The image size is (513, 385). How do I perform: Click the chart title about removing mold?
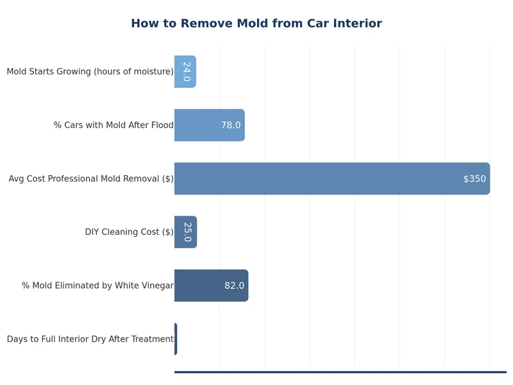(256, 24)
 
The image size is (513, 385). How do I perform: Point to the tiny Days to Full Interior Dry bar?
(176, 339)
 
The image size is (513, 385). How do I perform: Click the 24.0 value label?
(187, 72)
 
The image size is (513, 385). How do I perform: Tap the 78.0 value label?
(231, 125)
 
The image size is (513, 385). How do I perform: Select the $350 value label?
(475, 179)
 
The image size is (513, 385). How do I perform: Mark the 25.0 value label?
(187, 232)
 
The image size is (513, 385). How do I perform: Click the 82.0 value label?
(234, 286)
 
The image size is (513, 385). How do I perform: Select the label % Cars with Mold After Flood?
(114, 125)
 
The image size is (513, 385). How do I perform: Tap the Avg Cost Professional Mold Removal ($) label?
(91, 179)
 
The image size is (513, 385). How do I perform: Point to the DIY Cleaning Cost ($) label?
(129, 232)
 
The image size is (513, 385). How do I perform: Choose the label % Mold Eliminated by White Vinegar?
(97, 286)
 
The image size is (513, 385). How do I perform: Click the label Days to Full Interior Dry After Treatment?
(90, 339)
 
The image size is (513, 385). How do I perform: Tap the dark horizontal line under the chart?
(340, 372)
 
